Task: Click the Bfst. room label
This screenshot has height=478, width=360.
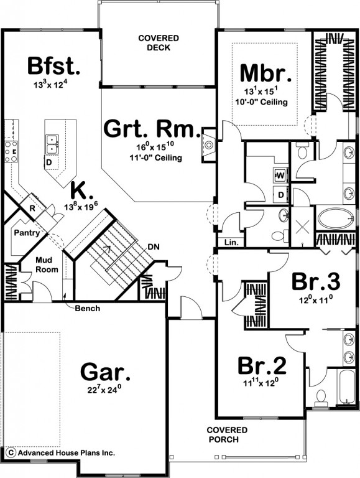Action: (53, 66)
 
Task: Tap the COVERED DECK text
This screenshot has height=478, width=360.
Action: (159, 43)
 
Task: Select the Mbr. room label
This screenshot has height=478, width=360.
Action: (265, 73)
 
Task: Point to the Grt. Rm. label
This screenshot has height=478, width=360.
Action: (152, 129)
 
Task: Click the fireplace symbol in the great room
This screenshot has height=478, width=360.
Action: (209, 144)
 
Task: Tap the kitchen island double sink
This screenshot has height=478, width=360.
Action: (52, 144)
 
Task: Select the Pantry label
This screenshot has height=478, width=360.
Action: (27, 233)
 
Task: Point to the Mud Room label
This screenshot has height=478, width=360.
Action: (47, 265)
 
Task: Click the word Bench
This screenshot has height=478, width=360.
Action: (88, 309)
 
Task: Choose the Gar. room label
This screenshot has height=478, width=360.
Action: (105, 372)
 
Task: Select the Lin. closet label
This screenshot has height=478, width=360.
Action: (231, 243)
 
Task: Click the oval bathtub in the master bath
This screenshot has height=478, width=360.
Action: (335, 218)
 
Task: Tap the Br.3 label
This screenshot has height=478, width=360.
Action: (316, 282)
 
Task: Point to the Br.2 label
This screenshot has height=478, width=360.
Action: (262, 366)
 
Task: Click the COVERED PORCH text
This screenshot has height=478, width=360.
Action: (227, 434)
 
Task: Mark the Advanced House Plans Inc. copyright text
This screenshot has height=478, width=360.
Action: (62, 452)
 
